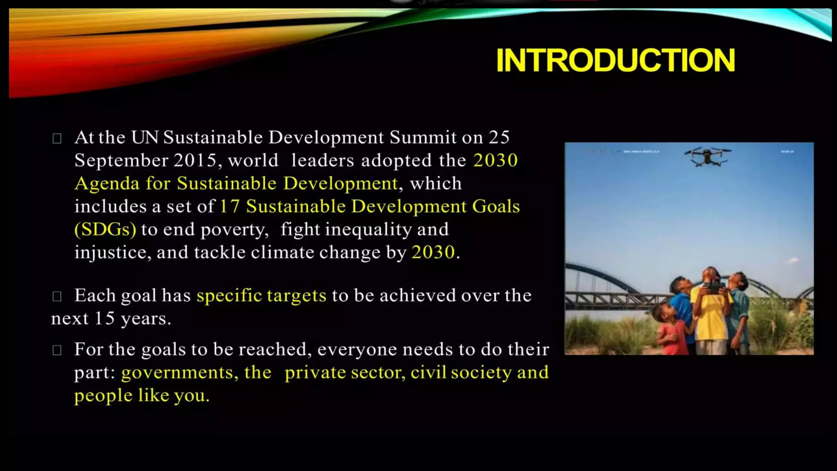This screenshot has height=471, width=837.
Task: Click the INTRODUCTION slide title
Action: pyautogui.click(x=615, y=61)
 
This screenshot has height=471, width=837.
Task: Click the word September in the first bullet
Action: pyautogui.click(x=121, y=161)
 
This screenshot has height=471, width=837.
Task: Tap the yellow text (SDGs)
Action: pyautogui.click(x=105, y=229)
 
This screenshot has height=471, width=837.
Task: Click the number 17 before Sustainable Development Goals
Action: pyautogui.click(x=229, y=206)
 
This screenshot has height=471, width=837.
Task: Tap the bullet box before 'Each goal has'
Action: pyautogui.click(x=57, y=296)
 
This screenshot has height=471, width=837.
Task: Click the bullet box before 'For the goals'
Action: pyautogui.click(x=57, y=350)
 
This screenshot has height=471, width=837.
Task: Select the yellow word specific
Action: pyautogui.click(x=229, y=296)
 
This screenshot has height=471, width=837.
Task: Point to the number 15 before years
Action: pyautogui.click(x=105, y=318)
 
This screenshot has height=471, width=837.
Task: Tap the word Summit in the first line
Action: pyautogui.click(x=423, y=137)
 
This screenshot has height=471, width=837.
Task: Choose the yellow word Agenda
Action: pyautogui.click(x=107, y=184)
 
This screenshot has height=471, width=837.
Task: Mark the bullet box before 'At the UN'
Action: pyautogui.click(x=57, y=139)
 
